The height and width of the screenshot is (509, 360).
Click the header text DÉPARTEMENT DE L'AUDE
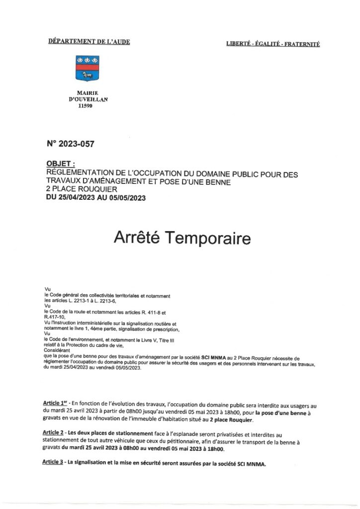coord(89,42)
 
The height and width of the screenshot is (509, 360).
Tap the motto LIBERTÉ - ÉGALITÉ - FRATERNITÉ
coord(273,44)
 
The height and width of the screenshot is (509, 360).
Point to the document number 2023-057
coord(70,144)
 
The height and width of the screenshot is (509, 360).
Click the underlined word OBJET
coord(60,163)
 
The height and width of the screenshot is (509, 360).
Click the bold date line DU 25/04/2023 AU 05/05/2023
coord(95,198)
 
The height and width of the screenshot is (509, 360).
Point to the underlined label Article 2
coord(55,434)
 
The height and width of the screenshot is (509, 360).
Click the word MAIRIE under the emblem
coord(88,93)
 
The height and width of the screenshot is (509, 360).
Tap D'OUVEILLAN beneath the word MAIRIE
coord(88,99)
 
